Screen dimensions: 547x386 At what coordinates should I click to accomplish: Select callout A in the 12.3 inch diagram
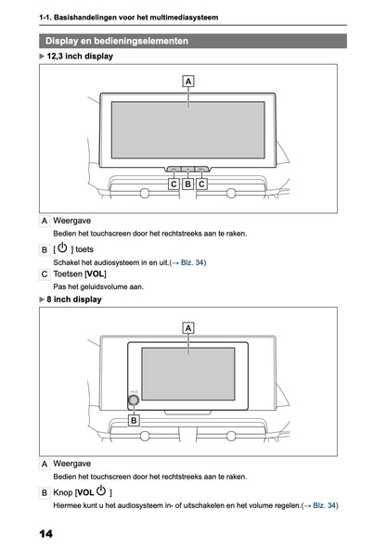tap(188, 82)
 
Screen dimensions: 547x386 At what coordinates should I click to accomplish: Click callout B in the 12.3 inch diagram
tap(188, 184)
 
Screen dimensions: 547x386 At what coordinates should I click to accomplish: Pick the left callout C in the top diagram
tap(174, 184)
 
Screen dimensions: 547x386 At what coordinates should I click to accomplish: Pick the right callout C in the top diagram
tap(202, 184)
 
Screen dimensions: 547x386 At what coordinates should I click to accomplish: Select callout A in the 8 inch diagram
tap(188, 327)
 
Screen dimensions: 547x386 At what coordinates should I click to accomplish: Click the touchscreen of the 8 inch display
tap(188, 375)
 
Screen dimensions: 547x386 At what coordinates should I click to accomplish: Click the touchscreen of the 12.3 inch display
tap(188, 130)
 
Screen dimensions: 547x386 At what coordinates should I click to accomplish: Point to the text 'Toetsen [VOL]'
tap(80, 274)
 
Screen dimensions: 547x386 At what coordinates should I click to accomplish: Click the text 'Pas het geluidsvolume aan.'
tap(98, 287)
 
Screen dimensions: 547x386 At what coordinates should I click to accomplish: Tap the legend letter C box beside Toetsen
tap(45, 274)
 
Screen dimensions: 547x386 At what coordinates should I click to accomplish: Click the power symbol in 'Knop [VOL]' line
tap(100, 490)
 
